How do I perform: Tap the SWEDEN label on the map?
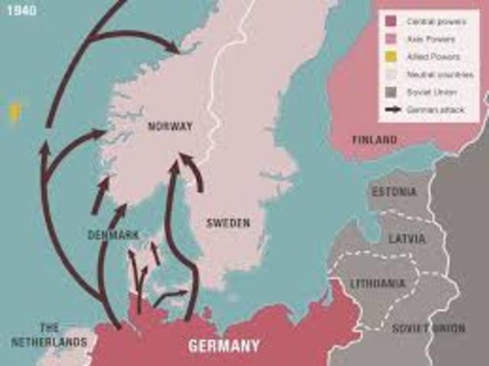(228, 223)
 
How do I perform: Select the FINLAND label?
(374, 140)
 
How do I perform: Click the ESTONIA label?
(394, 192)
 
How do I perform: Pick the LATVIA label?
(406, 238)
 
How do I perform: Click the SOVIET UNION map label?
(428, 329)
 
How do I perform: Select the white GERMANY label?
(224, 346)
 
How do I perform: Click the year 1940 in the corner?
(18, 11)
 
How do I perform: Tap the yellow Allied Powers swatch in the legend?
(392, 57)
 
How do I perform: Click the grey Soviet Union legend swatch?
(392, 92)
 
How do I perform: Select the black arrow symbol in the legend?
(393, 110)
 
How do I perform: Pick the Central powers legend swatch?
(392, 21)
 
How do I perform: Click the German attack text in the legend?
(436, 110)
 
